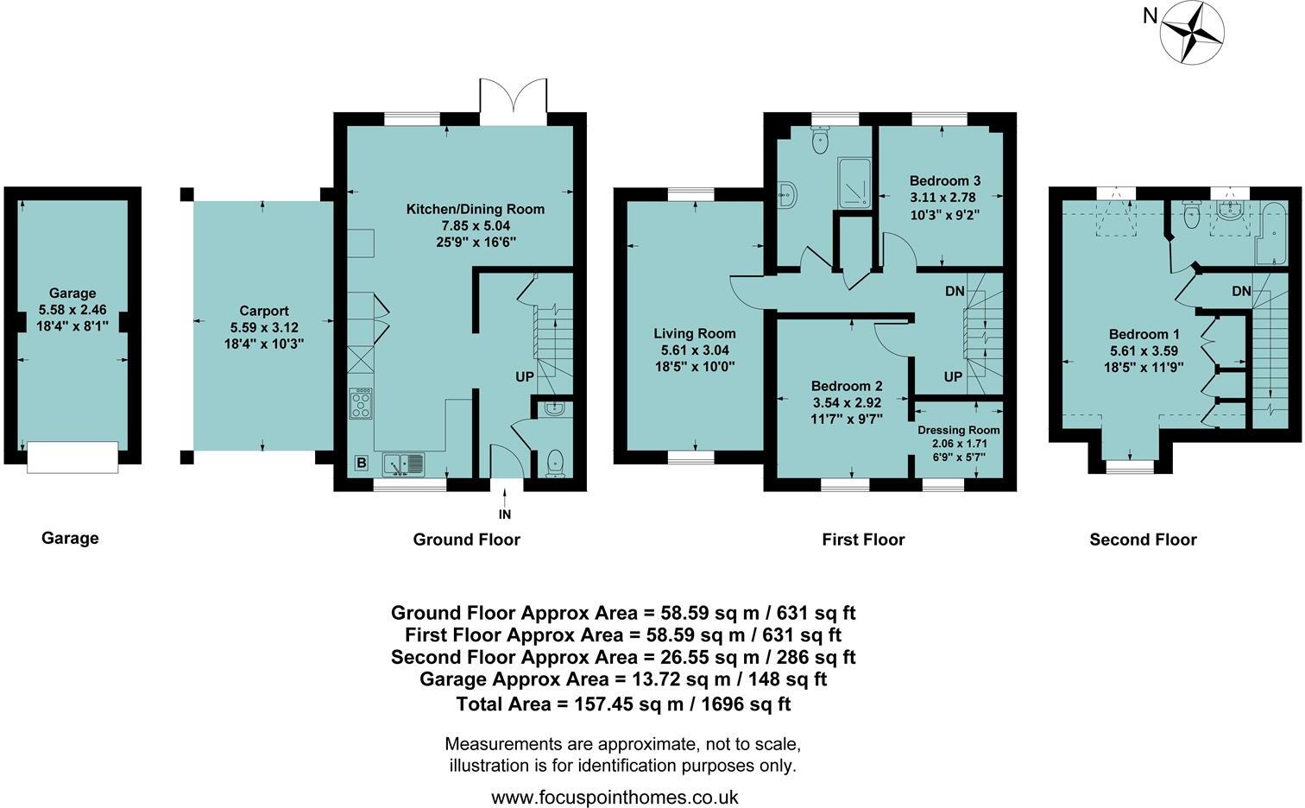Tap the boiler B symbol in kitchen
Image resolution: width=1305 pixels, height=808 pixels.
pyautogui.click(x=361, y=463)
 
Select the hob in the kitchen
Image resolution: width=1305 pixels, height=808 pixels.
pyautogui.click(x=361, y=404)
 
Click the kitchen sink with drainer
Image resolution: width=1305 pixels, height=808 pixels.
pyautogui.click(x=404, y=464)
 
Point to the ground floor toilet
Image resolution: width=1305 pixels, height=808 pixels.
pyautogui.click(x=556, y=464)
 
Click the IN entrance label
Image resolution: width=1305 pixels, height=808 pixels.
pyautogui.click(x=505, y=514)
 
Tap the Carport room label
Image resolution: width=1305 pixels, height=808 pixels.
pyautogui.click(x=264, y=311)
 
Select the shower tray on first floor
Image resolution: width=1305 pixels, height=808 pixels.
pyautogui.click(x=854, y=182)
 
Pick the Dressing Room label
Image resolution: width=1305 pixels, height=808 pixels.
pyautogui.click(x=958, y=431)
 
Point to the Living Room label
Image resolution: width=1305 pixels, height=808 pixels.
pyautogui.click(x=695, y=334)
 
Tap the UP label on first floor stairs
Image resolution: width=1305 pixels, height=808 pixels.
pyautogui.click(x=953, y=377)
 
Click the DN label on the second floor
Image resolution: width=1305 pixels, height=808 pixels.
pyautogui.click(x=1241, y=291)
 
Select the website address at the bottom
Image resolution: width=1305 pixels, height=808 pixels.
pyautogui.click(x=615, y=797)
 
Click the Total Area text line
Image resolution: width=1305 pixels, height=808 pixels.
pyautogui.click(x=623, y=704)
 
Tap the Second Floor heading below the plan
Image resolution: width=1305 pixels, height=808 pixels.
pyautogui.click(x=1143, y=540)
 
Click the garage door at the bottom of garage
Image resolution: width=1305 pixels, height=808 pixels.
pyautogui.click(x=72, y=457)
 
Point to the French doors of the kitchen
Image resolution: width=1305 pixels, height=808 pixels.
pyautogui.click(x=514, y=101)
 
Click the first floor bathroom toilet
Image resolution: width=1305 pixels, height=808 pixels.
pyautogui.click(x=821, y=141)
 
